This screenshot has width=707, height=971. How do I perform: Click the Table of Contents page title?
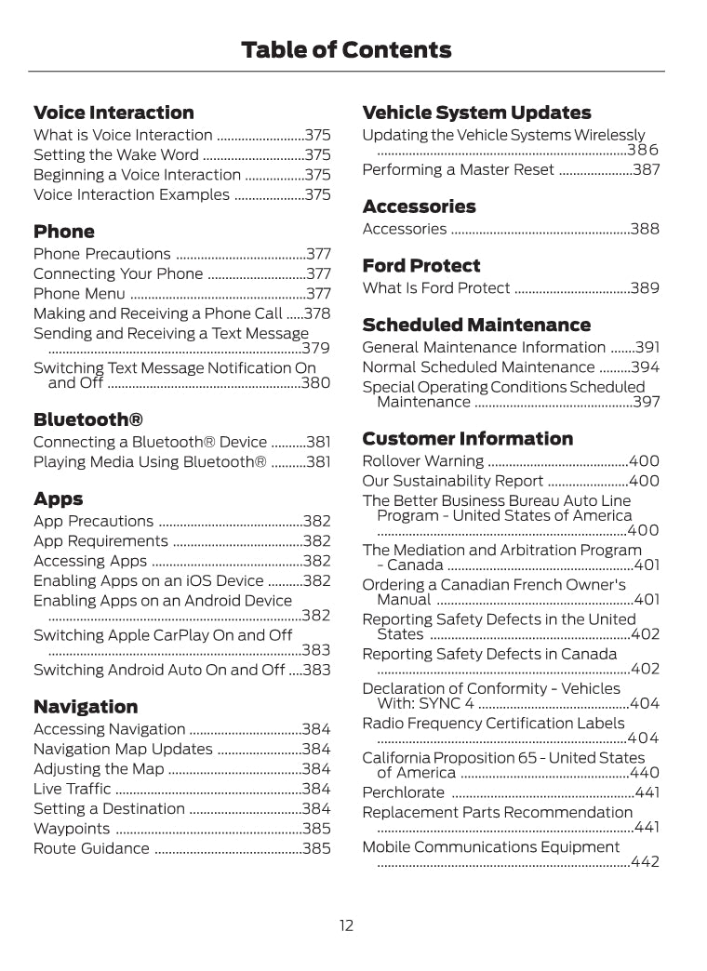346,49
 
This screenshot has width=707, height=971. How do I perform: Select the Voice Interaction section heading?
113,113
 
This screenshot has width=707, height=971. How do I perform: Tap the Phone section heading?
64,232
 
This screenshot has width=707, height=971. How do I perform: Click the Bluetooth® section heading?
88,419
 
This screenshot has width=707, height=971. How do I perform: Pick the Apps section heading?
58,499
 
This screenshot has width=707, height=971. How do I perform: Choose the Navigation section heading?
86,707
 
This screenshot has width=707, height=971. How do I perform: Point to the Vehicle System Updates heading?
476,113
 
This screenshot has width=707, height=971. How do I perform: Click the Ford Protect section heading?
421,266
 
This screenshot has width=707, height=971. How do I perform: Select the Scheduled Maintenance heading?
476,325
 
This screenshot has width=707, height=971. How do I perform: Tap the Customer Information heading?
468,438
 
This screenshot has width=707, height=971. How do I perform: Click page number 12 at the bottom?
346,925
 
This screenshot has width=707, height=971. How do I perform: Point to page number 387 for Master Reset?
646,170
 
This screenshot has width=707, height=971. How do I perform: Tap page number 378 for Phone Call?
317,313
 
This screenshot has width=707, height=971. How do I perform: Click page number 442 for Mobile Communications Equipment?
645,862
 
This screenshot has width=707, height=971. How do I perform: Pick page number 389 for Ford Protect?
645,288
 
